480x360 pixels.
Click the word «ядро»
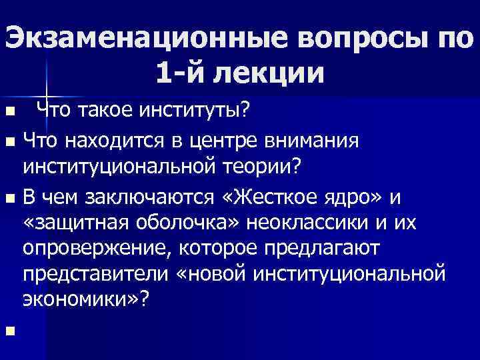(346, 197)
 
